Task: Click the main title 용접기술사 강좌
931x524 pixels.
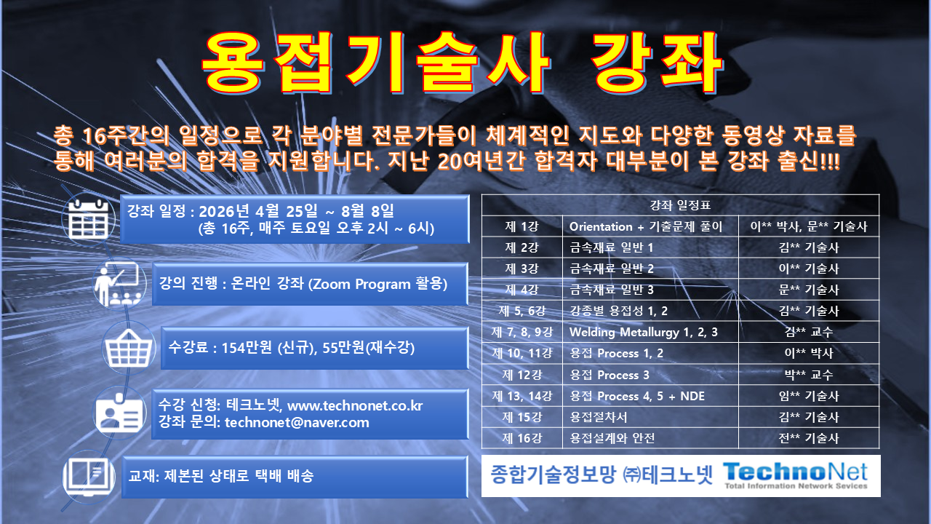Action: pyautogui.click(x=463, y=63)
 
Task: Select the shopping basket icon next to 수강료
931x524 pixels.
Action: pyautogui.click(x=129, y=347)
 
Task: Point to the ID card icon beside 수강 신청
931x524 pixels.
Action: pyautogui.click(x=120, y=413)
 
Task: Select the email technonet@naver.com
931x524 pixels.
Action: pyautogui.click(x=297, y=423)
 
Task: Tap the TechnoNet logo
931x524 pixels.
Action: pyautogui.click(x=796, y=475)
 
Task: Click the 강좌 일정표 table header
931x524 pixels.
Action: pyautogui.click(x=680, y=205)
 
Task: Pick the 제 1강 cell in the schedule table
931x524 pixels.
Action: pyautogui.click(x=521, y=226)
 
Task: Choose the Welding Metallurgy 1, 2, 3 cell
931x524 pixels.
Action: pyautogui.click(x=644, y=333)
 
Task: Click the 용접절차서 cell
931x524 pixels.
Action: pyautogui.click(x=599, y=417)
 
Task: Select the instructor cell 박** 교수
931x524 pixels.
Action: pyautogui.click(x=808, y=375)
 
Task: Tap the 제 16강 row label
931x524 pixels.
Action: pyautogui.click(x=521, y=438)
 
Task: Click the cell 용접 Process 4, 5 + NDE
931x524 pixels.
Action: pyautogui.click(x=637, y=396)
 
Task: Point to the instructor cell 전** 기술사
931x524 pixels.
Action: pyautogui.click(x=808, y=438)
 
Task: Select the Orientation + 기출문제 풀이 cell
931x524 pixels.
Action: pyautogui.click(x=646, y=226)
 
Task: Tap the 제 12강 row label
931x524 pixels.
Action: pyautogui.click(x=521, y=375)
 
